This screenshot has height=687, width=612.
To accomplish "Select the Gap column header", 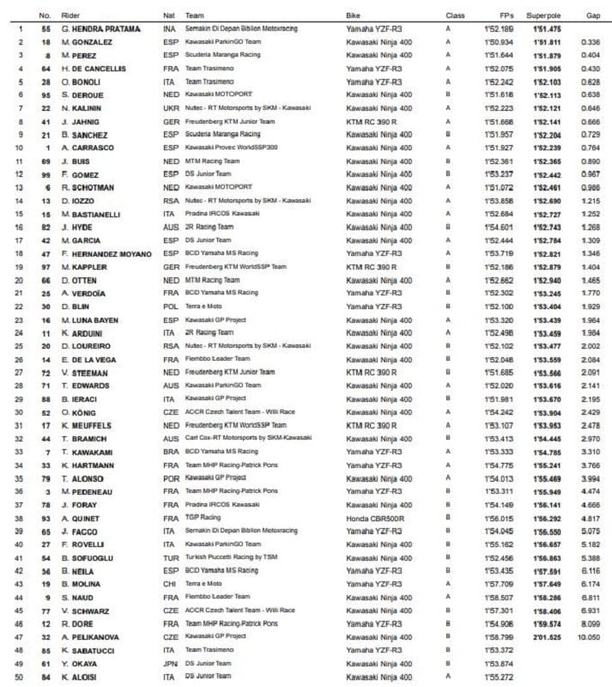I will (x=591, y=15).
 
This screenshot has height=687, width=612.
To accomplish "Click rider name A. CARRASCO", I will (x=85, y=148).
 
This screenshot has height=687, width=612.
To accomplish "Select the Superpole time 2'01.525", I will (x=546, y=639).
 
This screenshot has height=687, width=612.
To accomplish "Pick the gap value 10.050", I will (x=588, y=639).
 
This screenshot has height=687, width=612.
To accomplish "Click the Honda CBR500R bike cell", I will (x=374, y=519).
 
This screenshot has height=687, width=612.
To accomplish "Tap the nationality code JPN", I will (x=171, y=664).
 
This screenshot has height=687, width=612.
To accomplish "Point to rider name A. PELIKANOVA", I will (x=89, y=639).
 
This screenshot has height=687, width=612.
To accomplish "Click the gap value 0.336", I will (x=590, y=42).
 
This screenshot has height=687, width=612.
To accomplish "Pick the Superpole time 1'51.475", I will (x=546, y=28).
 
